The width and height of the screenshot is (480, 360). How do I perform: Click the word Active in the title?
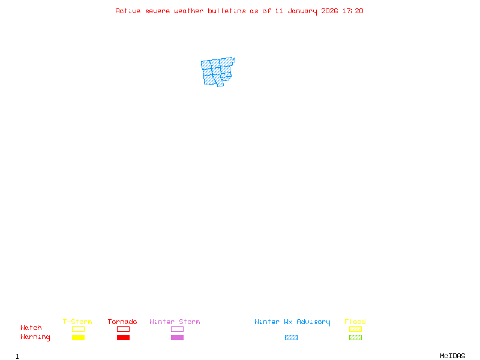coord(128,11)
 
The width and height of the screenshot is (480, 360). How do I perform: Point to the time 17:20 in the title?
coord(353,11)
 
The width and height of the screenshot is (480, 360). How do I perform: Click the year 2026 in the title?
coord(329,11)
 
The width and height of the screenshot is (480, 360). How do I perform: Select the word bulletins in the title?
coord(227,11)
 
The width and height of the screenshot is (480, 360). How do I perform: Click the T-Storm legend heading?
coord(77,322)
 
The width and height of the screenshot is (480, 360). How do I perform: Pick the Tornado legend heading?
coord(122,322)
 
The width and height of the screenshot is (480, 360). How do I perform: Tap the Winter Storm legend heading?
coord(175,322)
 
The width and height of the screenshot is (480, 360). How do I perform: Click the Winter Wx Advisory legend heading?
coord(292,322)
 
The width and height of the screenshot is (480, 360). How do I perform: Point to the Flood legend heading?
coord(355,322)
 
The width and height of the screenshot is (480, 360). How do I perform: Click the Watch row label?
coord(31,328)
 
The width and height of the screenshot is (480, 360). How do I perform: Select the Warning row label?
coord(35,337)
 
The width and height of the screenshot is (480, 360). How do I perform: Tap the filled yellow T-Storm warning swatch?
coord(78,338)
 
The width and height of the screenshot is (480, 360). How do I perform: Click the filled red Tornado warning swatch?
coord(123,338)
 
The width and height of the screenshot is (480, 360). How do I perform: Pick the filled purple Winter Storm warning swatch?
coord(177,338)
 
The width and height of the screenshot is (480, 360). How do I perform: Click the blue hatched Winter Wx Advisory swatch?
coord(291,338)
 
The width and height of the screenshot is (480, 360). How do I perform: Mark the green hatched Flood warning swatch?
coord(355,338)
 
